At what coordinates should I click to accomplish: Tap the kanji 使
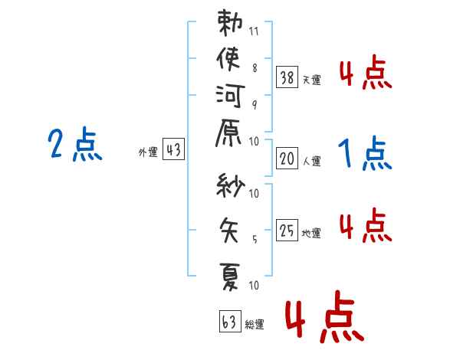[x=228, y=59]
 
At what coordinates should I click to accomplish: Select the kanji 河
[x=230, y=96]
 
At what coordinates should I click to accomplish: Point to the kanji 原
[x=228, y=133]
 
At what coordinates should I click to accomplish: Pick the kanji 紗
[x=230, y=185]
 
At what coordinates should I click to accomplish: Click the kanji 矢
[x=228, y=230]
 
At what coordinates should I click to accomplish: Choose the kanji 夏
[x=229, y=277]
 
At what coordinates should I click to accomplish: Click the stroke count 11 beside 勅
[x=254, y=31]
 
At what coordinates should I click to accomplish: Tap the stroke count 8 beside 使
[x=255, y=68]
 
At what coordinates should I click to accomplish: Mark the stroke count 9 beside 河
[x=255, y=105]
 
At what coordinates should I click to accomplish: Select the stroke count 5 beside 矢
[x=255, y=239]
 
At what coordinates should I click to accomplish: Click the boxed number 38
[x=287, y=77]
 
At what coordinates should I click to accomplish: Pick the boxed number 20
[x=287, y=159]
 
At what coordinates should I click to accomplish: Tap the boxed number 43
[x=173, y=149]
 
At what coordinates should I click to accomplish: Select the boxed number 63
[x=230, y=321]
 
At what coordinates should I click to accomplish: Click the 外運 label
[x=148, y=152]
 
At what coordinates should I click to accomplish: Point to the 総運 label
[x=255, y=324]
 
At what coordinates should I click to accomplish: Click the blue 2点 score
[x=75, y=144]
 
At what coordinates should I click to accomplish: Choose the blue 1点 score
[x=365, y=153]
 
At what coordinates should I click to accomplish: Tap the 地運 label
[x=311, y=233]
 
